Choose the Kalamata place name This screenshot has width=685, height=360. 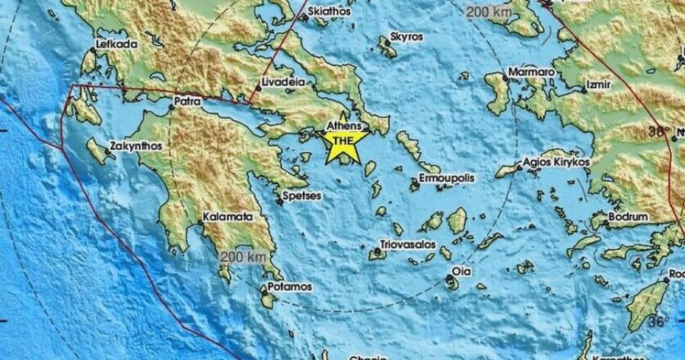click(x=227, y=218)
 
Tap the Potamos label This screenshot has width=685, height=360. click(x=289, y=287)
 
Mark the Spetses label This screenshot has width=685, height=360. click(x=302, y=196)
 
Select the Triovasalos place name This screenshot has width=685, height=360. click(x=408, y=247)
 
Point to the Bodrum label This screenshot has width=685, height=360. click(x=629, y=217)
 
